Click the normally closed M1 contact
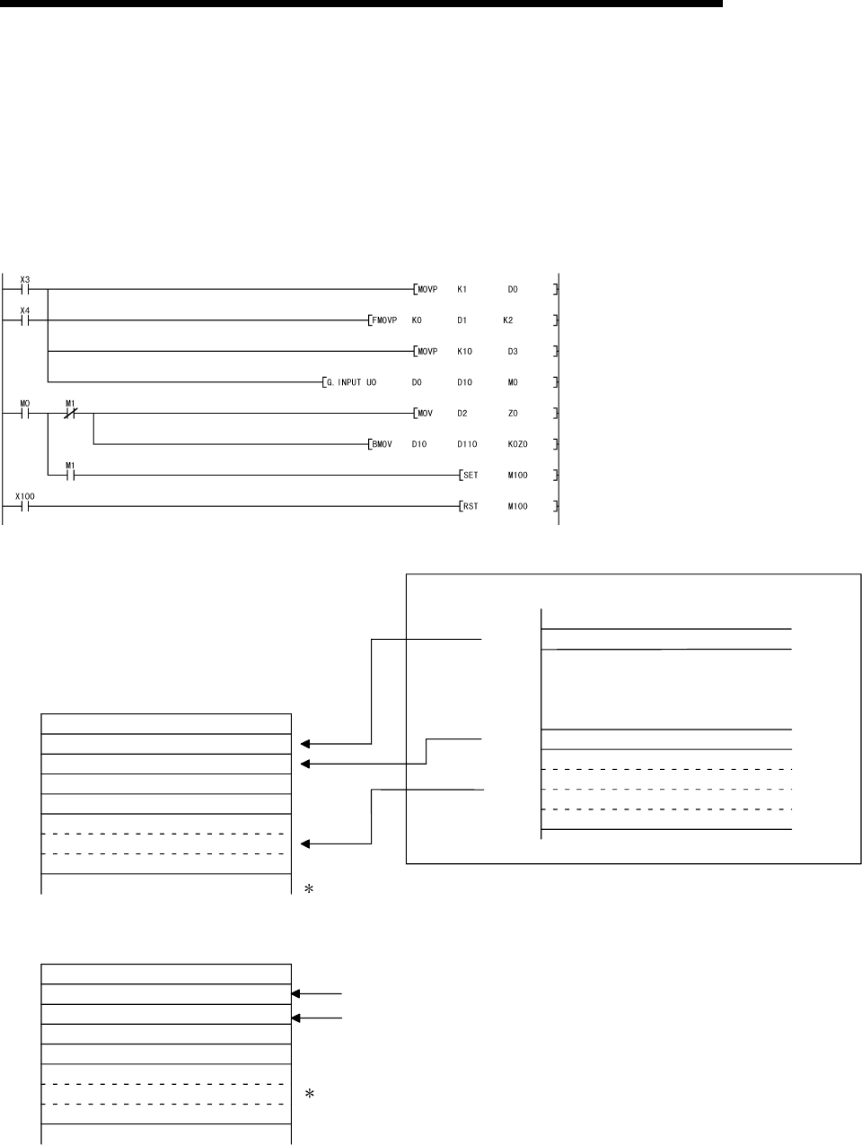click(71, 414)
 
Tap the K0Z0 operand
click(517, 444)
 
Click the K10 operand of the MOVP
click(464, 352)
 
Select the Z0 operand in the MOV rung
click(513, 414)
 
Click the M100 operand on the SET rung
click(517, 476)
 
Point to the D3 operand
click(513, 352)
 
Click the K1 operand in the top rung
click(462, 290)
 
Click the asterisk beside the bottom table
click(309, 1095)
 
